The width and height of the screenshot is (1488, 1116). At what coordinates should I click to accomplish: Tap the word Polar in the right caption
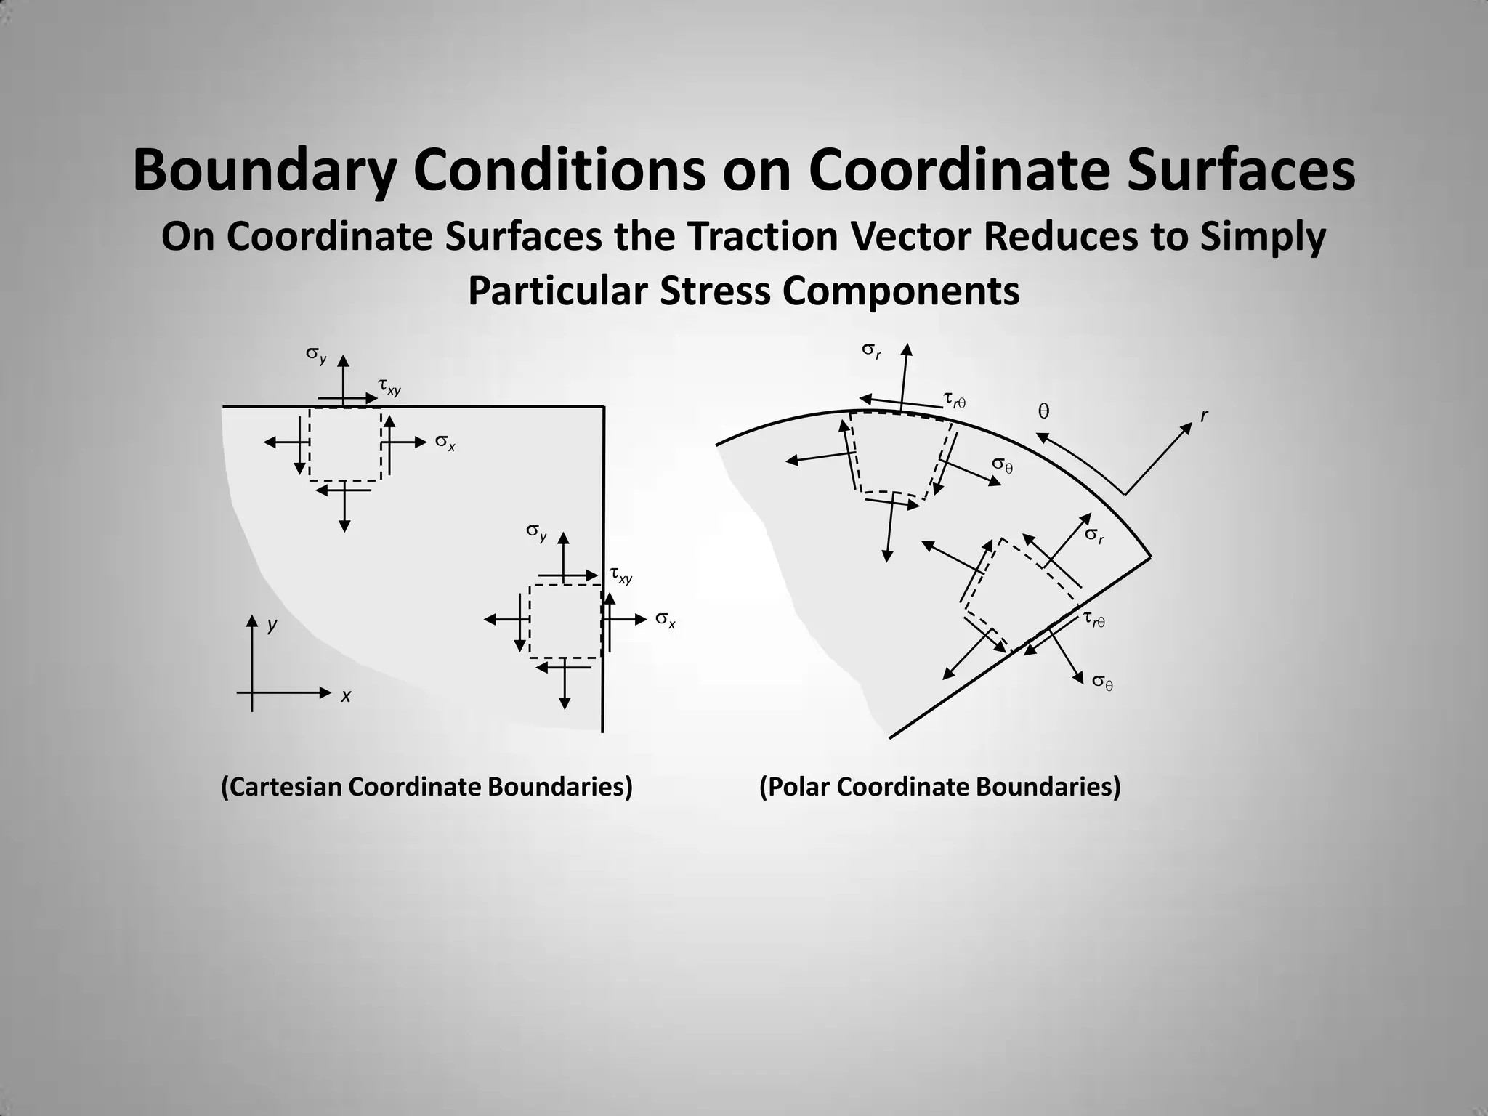tap(796, 787)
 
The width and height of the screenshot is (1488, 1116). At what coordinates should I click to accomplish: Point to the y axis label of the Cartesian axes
tap(272, 625)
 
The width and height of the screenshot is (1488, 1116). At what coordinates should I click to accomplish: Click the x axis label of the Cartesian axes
tap(346, 696)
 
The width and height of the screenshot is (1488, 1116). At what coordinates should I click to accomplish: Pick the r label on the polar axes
tap(1204, 416)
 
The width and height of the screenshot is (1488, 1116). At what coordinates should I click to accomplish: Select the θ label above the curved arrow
tap(1043, 412)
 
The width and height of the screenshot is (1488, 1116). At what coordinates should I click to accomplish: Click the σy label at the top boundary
tap(315, 355)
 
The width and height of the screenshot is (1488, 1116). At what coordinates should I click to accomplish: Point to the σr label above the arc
tap(871, 350)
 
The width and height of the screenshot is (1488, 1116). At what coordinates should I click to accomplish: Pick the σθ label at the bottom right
tap(1102, 682)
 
